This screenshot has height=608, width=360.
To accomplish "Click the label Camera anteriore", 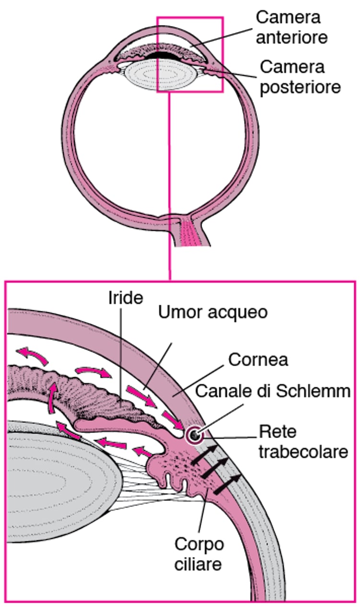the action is point(292,27).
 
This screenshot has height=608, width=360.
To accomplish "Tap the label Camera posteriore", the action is point(300,77).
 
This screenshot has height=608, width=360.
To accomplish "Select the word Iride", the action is point(125,298).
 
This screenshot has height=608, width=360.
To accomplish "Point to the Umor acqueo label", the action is point(213,313).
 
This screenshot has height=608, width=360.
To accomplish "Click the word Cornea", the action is point(258,359).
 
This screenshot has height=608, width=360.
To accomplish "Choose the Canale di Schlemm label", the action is point(273,392).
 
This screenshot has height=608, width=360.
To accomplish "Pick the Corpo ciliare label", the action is point(199,554).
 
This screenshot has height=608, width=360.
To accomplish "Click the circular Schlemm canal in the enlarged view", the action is point(194,436).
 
